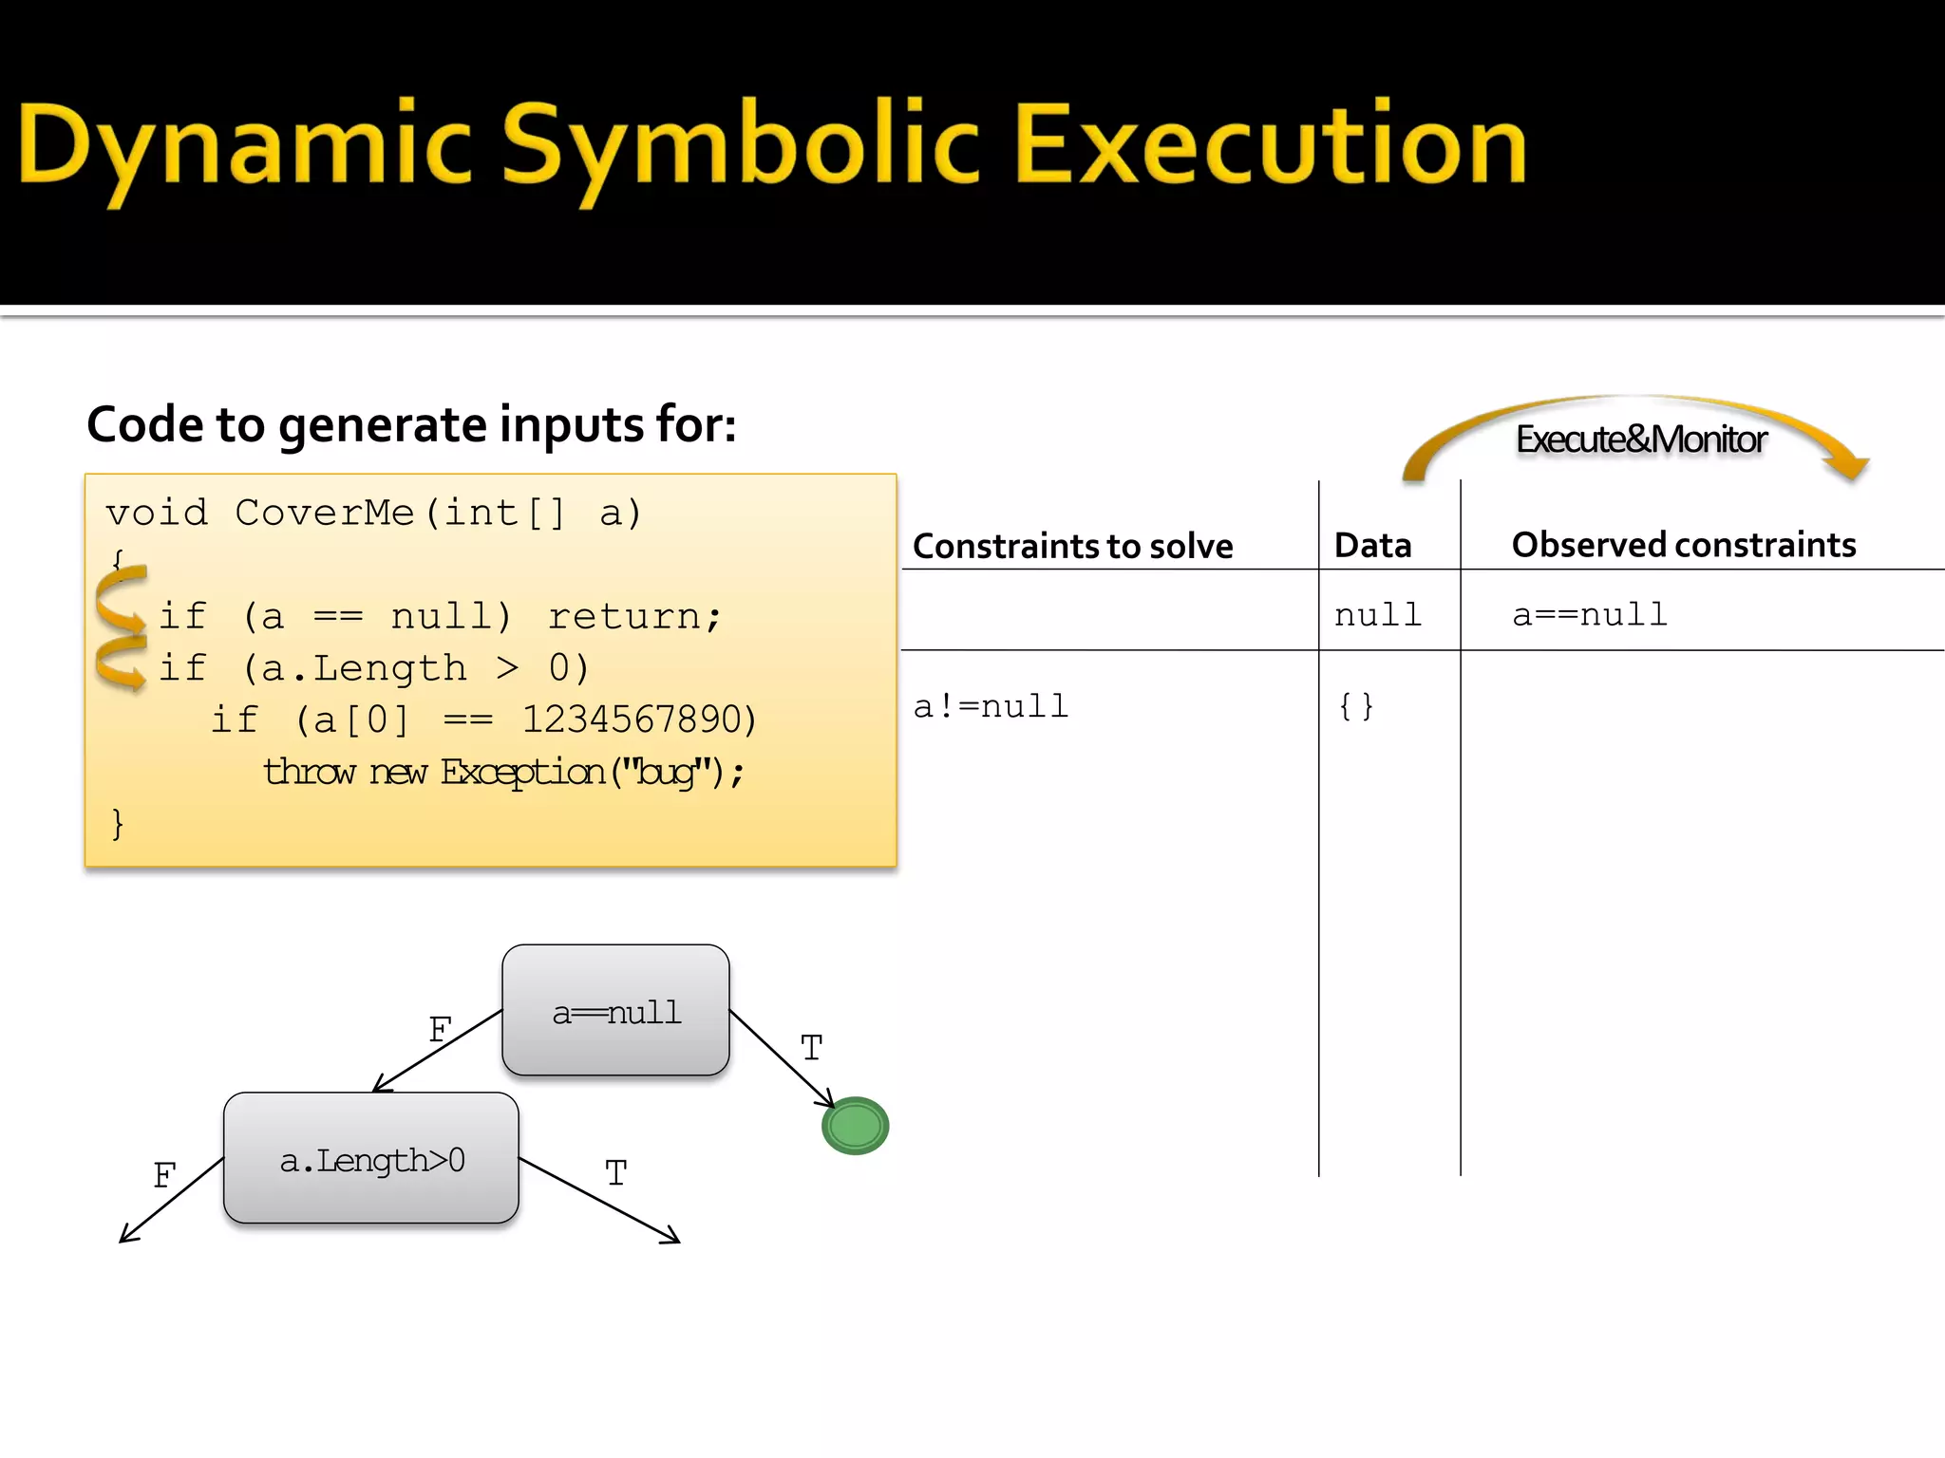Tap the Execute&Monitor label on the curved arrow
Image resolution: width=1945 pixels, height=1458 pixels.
pyautogui.click(x=1640, y=439)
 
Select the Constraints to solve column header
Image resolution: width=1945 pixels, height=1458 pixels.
pyautogui.click(x=1072, y=547)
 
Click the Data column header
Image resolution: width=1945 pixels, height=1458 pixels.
pyautogui.click(x=1372, y=546)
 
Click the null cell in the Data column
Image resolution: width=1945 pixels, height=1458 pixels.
pyautogui.click(x=1377, y=615)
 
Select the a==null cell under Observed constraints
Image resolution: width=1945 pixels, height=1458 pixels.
pyautogui.click(x=1590, y=615)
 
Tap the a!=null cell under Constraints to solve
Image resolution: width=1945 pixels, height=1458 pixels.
pyautogui.click(x=991, y=706)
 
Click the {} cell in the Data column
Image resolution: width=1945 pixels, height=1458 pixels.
pyautogui.click(x=1356, y=706)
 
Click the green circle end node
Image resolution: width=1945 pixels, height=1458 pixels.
pyautogui.click(x=855, y=1126)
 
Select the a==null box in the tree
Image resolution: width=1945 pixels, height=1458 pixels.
pyautogui.click(x=615, y=1011)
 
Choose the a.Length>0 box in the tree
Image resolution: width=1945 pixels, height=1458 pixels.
pyautogui.click(x=371, y=1159)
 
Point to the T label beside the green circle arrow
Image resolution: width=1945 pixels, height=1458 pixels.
pyautogui.click(x=811, y=1048)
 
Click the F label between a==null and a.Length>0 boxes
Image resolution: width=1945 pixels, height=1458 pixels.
pyautogui.click(x=440, y=1030)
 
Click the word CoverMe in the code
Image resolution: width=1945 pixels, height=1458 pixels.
pyautogui.click(x=324, y=514)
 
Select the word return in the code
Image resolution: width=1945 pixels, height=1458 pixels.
pyautogui.click(x=624, y=617)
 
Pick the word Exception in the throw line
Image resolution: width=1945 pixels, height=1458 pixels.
pyautogui.click(x=522, y=772)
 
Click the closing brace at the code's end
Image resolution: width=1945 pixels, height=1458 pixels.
pyautogui.click(x=117, y=823)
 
